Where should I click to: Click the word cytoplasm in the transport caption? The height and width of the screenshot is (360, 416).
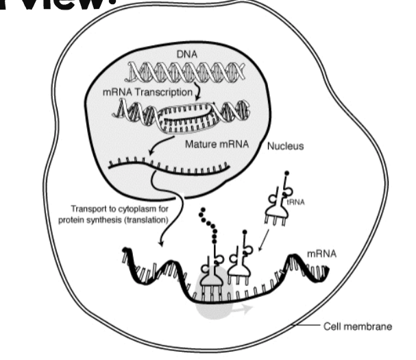(142, 208)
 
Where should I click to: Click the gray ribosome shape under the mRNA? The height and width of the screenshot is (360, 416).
(213, 296)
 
